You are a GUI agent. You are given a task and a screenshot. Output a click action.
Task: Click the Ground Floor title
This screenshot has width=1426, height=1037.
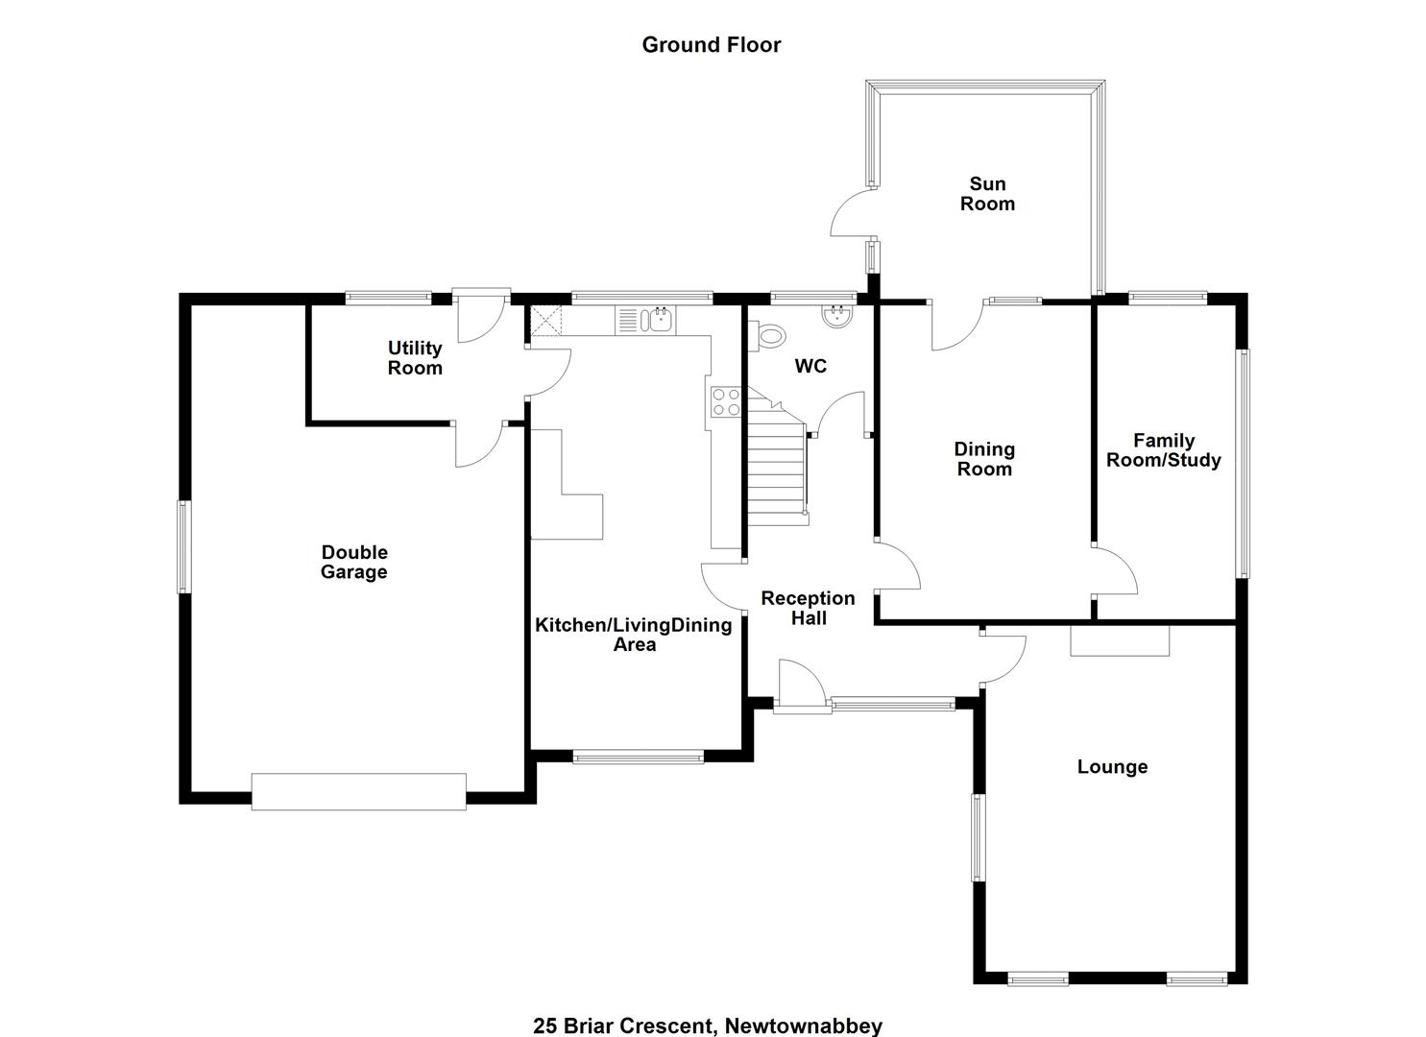click(x=712, y=44)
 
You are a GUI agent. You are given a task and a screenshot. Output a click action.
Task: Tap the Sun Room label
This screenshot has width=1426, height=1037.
click(x=987, y=194)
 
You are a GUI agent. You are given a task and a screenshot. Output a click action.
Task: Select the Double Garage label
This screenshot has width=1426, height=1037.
click(x=354, y=562)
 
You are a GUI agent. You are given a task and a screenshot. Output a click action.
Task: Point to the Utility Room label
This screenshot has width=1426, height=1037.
click(x=415, y=358)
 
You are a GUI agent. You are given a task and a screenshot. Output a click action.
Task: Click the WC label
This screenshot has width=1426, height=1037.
click(x=810, y=366)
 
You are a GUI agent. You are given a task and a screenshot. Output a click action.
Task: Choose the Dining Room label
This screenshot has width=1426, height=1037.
click(x=984, y=459)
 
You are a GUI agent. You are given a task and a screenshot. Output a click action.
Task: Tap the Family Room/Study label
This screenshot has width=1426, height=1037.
click(x=1164, y=450)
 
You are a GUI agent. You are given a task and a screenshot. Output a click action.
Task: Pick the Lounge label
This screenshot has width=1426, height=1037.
click(x=1112, y=766)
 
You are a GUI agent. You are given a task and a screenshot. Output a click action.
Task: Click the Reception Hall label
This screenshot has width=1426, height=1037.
click(x=808, y=608)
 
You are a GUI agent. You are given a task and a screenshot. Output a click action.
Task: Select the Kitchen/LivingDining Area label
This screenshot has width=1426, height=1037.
click(x=634, y=634)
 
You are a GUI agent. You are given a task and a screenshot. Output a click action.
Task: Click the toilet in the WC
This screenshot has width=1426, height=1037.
click(x=767, y=335)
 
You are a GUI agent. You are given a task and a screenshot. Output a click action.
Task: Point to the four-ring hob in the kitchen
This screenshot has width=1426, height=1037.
click(x=726, y=401)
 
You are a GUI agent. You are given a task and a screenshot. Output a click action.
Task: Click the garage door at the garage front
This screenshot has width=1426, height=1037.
click(x=358, y=791)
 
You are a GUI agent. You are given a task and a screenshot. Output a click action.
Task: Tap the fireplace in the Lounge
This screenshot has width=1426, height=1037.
click(x=1120, y=640)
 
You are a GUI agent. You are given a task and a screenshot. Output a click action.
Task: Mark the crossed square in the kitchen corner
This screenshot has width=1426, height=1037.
click(x=545, y=320)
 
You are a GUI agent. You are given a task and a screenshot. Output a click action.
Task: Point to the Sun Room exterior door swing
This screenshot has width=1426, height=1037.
click(x=852, y=214)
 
